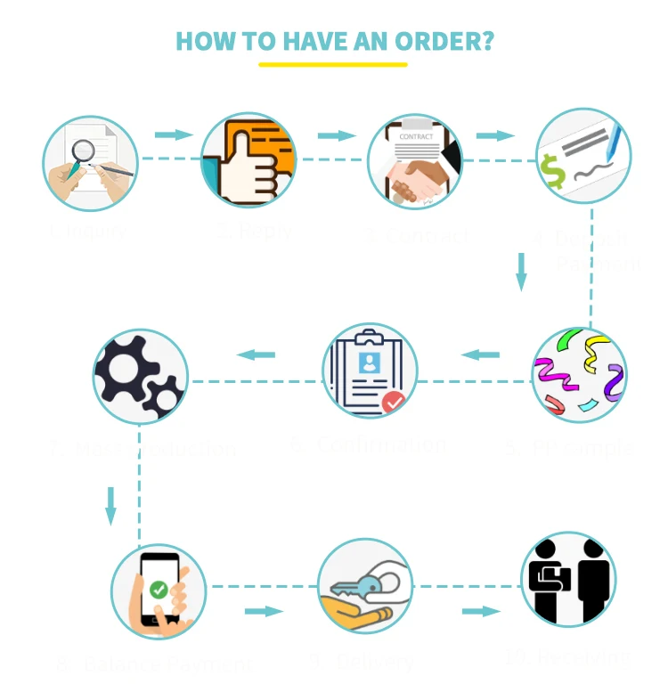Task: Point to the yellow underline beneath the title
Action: click(332, 64)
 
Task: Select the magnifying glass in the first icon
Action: click(83, 151)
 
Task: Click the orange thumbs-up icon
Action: click(248, 160)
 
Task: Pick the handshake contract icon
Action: click(415, 161)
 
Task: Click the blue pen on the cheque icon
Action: click(615, 142)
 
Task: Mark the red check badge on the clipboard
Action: click(393, 402)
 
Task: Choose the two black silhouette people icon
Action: click(568, 578)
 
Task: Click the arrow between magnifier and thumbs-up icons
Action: click(174, 135)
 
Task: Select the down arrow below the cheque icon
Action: click(522, 272)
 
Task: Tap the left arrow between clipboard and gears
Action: click(257, 355)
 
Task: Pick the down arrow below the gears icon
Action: click(111, 505)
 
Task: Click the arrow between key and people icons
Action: click(481, 612)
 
